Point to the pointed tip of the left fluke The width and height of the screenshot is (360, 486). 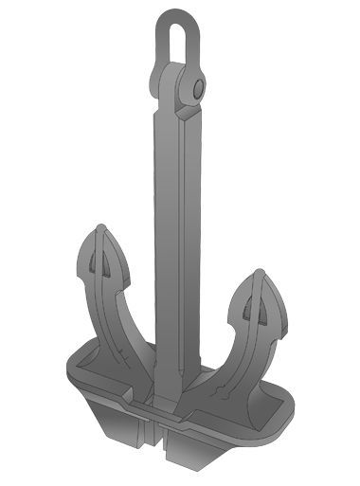point(100,227)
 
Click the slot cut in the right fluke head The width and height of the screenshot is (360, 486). point(253,305)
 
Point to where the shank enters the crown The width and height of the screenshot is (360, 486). point(171,379)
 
